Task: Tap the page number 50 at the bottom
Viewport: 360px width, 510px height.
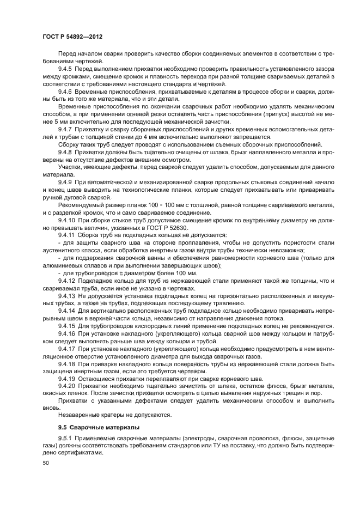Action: [45, 462]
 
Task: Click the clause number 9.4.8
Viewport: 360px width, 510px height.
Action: [65, 152]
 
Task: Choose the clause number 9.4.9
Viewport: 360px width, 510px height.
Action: [65, 182]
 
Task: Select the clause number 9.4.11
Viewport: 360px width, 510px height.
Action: [67, 235]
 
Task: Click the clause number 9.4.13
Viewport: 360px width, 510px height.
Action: [67, 295]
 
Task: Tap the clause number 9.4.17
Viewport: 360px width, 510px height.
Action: [67, 348]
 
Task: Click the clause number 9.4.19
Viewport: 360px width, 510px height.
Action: [67, 378]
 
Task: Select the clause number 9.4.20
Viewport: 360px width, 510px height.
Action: [67, 386]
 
